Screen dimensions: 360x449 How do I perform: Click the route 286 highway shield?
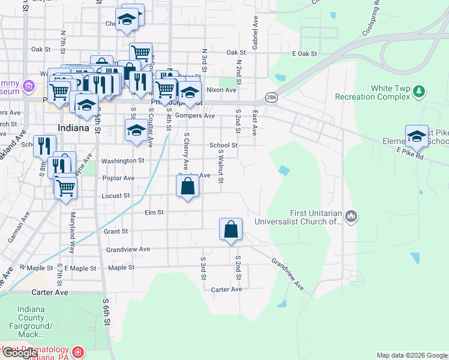pos(272,97)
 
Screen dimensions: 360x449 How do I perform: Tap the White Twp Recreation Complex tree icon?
pos(419,92)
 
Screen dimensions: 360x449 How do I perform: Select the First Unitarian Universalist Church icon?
pos(352,215)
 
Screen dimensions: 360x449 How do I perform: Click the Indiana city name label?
pos(74,128)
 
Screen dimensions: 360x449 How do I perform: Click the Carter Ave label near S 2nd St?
pos(226,289)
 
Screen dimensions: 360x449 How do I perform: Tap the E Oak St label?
pos(304,54)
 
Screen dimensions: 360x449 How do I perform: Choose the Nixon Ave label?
pos(221,89)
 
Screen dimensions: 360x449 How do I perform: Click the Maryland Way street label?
pos(72,232)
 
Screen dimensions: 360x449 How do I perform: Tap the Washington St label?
pos(123,161)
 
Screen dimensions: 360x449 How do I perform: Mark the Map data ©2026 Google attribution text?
pos(412,355)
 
